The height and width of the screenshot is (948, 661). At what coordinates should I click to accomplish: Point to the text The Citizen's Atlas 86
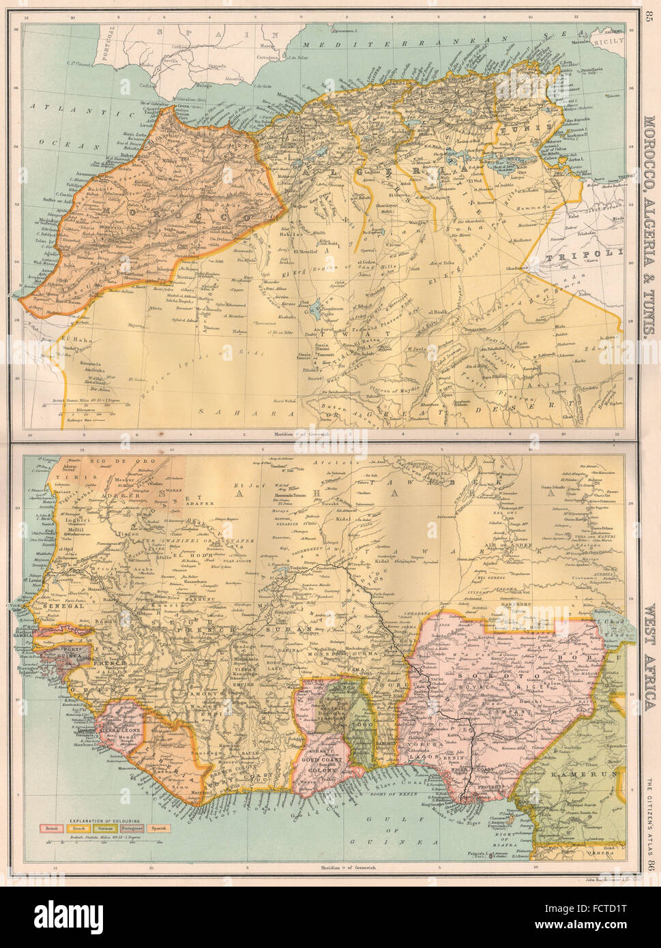click(x=647, y=825)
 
